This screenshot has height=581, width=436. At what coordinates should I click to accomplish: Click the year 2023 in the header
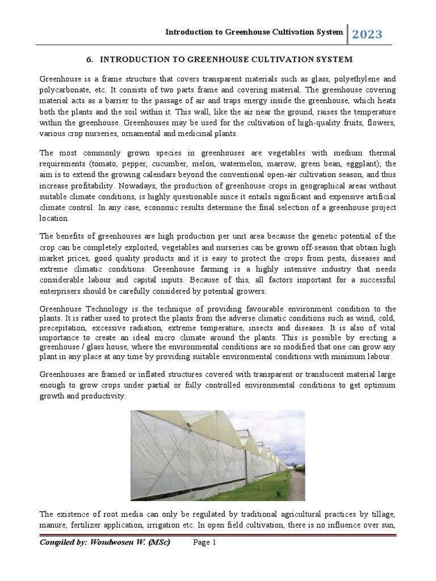(x=367, y=35)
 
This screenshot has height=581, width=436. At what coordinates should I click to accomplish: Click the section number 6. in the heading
(x=90, y=60)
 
